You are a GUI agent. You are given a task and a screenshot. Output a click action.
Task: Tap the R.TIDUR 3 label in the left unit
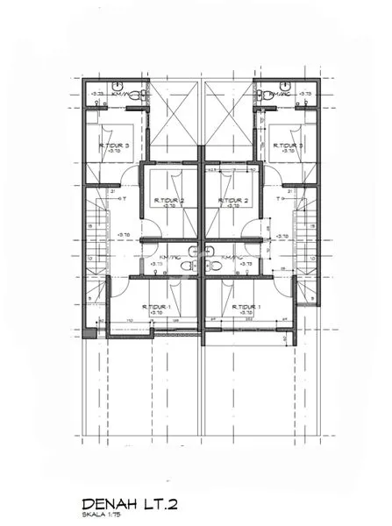(x=113, y=146)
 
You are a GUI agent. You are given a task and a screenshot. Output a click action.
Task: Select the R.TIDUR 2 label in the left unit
(x=170, y=200)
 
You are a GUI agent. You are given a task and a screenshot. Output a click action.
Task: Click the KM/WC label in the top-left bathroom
(x=121, y=94)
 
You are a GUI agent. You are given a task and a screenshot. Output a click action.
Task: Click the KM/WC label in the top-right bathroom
(x=280, y=94)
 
